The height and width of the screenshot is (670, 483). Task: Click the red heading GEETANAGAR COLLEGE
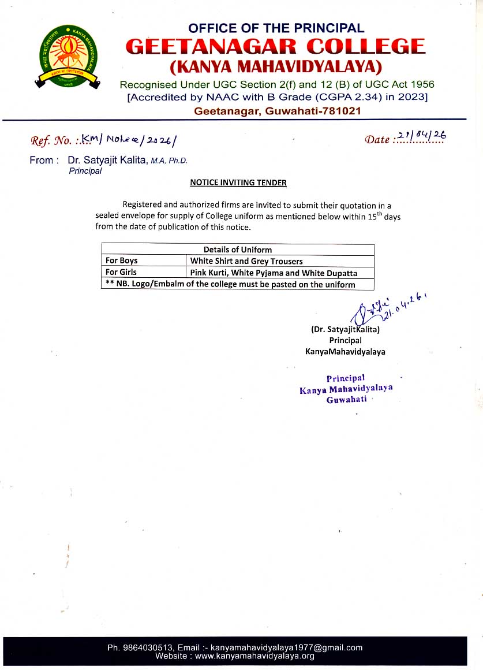click(276, 46)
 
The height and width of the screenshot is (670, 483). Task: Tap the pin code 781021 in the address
click(340, 111)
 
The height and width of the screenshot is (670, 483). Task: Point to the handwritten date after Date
click(422, 136)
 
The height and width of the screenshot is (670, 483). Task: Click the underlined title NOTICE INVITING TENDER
click(238, 183)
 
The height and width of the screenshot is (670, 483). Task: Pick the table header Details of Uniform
click(237, 250)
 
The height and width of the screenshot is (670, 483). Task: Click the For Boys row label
click(122, 260)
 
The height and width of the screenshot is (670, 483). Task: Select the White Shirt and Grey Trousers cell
click(246, 261)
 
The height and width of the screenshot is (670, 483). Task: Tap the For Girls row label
click(121, 272)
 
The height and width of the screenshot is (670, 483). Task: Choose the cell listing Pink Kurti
click(274, 273)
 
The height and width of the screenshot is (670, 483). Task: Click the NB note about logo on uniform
click(230, 284)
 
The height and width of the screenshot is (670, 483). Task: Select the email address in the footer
click(286, 647)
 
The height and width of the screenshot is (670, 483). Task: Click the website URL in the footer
click(254, 656)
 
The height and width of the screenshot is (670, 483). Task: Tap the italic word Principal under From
click(85, 170)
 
